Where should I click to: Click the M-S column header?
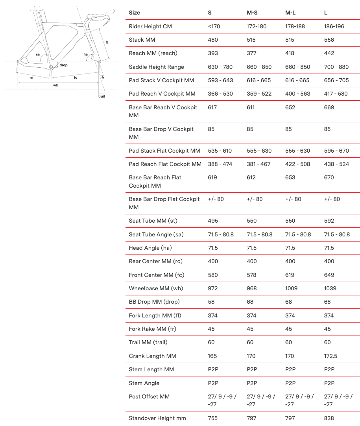[x=252, y=13]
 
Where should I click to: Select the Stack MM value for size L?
[x=329, y=40]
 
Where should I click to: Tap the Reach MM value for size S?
[x=213, y=53]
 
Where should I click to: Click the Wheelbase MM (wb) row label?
[x=156, y=288]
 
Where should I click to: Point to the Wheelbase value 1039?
[x=330, y=288]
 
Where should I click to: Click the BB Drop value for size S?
[x=211, y=302]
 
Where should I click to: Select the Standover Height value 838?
[x=329, y=418]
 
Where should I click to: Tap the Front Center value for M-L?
[x=290, y=275]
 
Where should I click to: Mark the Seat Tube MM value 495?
[x=213, y=221]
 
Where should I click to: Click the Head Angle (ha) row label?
[x=150, y=248]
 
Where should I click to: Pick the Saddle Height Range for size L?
[x=336, y=67]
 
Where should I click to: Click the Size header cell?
[x=135, y=13]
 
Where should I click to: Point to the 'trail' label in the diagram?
[x=102, y=96]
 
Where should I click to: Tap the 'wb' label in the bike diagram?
[x=56, y=85]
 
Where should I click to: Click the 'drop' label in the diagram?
[x=63, y=65]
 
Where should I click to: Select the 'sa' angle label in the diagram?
[x=38, y=54]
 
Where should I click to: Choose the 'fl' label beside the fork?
[x=107, y=42]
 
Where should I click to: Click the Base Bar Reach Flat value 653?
[x=290, y=177]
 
